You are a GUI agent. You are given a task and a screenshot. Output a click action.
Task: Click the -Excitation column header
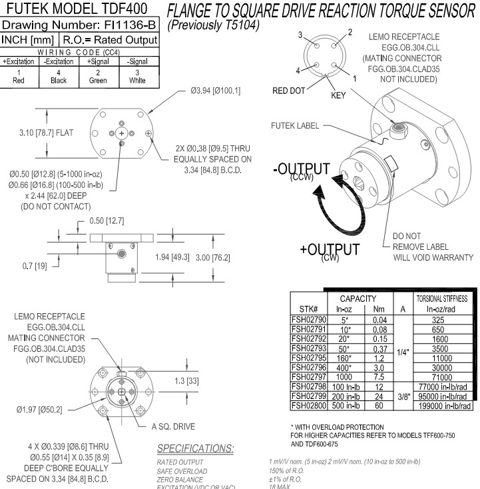(x=59, y=61)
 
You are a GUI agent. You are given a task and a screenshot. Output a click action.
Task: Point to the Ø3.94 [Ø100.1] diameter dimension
(x=218, y=91)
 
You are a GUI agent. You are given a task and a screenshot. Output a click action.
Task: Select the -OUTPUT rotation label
(x=302, y=169)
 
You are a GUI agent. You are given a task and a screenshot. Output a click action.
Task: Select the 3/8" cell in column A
(x=404, y=396)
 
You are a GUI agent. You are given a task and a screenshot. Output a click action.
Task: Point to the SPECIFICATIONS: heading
(x=195, y=448)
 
